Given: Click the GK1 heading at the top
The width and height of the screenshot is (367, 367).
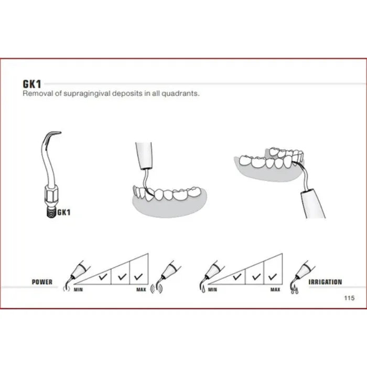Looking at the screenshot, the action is [32, 84].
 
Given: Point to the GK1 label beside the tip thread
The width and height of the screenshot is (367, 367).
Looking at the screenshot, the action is [64, 212].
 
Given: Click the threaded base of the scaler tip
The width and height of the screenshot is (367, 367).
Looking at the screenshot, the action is [51, 212].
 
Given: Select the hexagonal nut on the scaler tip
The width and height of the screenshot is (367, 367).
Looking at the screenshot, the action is [50, 196].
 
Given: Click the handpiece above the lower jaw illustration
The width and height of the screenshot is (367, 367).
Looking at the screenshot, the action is [144, 155].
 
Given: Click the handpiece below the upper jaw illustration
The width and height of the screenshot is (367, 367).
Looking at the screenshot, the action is [313, 204].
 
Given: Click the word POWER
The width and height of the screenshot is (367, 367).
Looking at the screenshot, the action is [42, 282].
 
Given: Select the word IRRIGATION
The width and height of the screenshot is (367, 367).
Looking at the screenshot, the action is [326, 282].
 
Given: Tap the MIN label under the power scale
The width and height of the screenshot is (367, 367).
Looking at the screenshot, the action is [78, 289].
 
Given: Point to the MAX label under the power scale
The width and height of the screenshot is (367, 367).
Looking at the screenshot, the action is [141, 289].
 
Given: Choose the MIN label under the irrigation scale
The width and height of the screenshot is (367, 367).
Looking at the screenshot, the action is [212, 289].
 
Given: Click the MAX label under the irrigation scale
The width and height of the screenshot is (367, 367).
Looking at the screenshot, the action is [275, 289].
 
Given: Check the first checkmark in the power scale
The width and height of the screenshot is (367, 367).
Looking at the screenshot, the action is [103, 277].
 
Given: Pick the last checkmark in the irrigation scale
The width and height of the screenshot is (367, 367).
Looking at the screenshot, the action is [273, 277].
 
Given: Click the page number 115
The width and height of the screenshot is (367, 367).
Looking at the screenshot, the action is [349, 298].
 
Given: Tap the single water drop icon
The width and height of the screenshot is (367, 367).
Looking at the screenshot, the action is [203, 290].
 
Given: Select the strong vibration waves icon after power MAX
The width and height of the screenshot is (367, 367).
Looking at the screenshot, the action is [156, 288].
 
